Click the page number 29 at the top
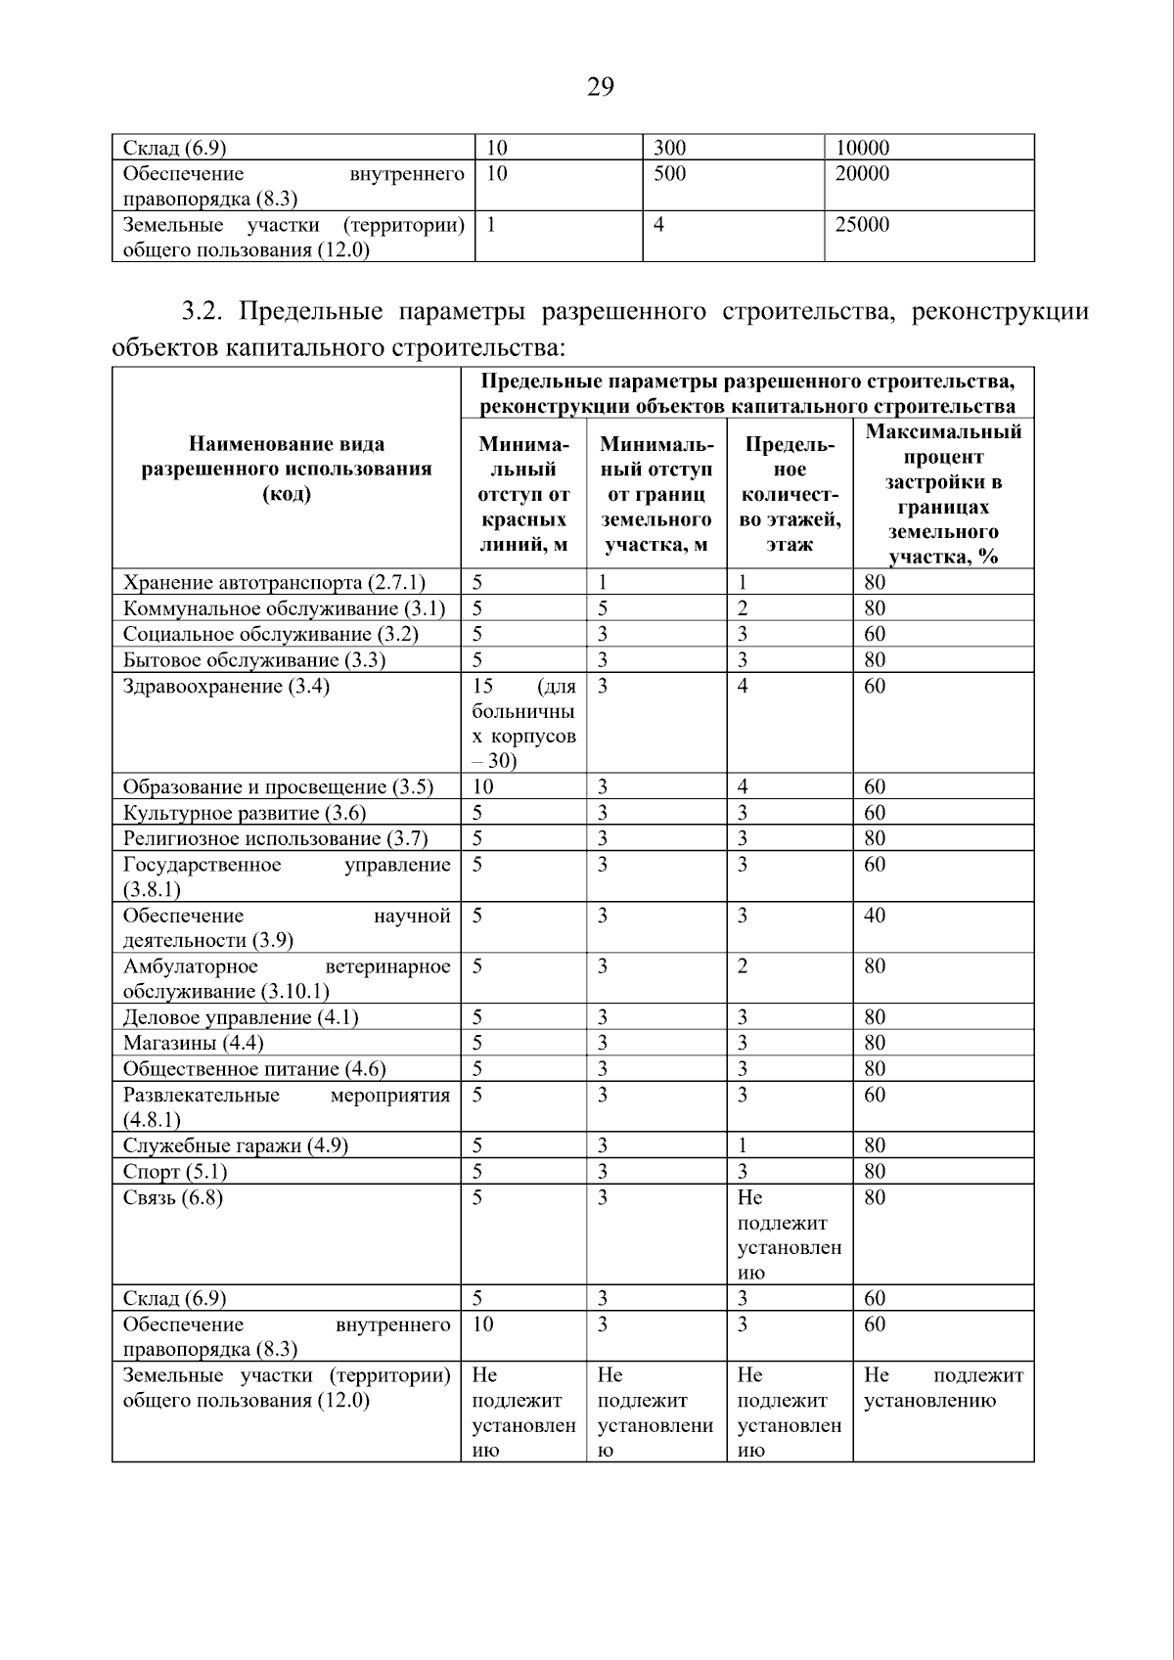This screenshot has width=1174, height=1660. coord(600,88)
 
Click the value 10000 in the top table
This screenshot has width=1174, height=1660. coord(862,148)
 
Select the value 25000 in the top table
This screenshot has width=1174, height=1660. coord(862,224)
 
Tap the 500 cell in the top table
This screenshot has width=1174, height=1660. coord(669,173)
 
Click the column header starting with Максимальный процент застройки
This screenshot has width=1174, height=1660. coord(943,494)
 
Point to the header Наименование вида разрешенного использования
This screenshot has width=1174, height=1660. coord(287,469)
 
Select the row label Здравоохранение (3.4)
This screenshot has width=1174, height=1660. coord(226,686)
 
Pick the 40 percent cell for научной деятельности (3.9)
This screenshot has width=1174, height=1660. coord(875,916)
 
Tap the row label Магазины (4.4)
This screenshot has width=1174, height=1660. coord(193,1043)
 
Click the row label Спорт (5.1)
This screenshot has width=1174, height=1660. coord(174,1171)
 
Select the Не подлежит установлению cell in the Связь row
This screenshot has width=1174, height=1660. coord(789,1234)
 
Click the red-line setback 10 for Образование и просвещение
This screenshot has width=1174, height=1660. coord(483,786)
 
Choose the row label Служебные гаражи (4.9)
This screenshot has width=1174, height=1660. coord(235,1145)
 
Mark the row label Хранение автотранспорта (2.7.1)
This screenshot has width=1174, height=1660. coord(274,583)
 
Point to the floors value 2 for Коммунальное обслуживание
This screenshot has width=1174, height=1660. coord(744,608)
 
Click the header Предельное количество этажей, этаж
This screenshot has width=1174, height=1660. coord(789,494)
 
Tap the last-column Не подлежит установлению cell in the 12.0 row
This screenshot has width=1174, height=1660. coord(943,1388)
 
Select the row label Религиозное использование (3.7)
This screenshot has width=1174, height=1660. coord(275,838)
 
